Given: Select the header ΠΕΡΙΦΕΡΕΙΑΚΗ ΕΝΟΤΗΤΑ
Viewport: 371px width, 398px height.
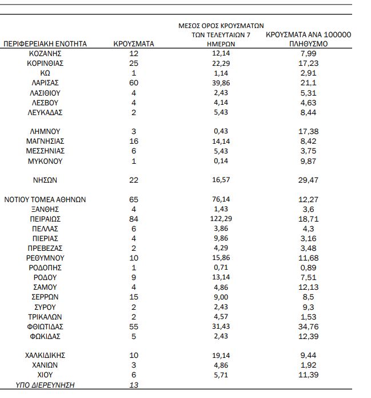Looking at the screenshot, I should click(45, 44).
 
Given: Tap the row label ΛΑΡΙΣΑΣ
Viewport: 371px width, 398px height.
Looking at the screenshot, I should click(45, 82).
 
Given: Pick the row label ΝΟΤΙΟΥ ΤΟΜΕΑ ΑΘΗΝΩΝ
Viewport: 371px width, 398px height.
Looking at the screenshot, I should click(45, 199).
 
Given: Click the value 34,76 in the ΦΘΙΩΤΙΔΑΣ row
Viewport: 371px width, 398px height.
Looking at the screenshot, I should click(308, 326).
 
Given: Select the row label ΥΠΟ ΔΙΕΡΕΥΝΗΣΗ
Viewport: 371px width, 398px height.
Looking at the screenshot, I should click(45, 385).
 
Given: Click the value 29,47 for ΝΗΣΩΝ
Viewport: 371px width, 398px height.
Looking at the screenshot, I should click(308, 180).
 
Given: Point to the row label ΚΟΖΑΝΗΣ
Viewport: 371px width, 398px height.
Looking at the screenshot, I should click(45, 53).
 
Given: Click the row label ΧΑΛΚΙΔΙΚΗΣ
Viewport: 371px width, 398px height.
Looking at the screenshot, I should click(45, 355).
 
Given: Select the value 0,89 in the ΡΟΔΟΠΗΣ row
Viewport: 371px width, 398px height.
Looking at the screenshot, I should click(308, 267).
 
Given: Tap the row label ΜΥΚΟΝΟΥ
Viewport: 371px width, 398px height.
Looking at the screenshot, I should click(45, 161).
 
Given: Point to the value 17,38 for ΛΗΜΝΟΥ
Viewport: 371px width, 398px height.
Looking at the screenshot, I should click(308, 131).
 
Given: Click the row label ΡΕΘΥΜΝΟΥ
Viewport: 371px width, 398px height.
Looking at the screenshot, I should click(45, 258).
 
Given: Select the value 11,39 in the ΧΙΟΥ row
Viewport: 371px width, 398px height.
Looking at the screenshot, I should click(308, 375).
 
